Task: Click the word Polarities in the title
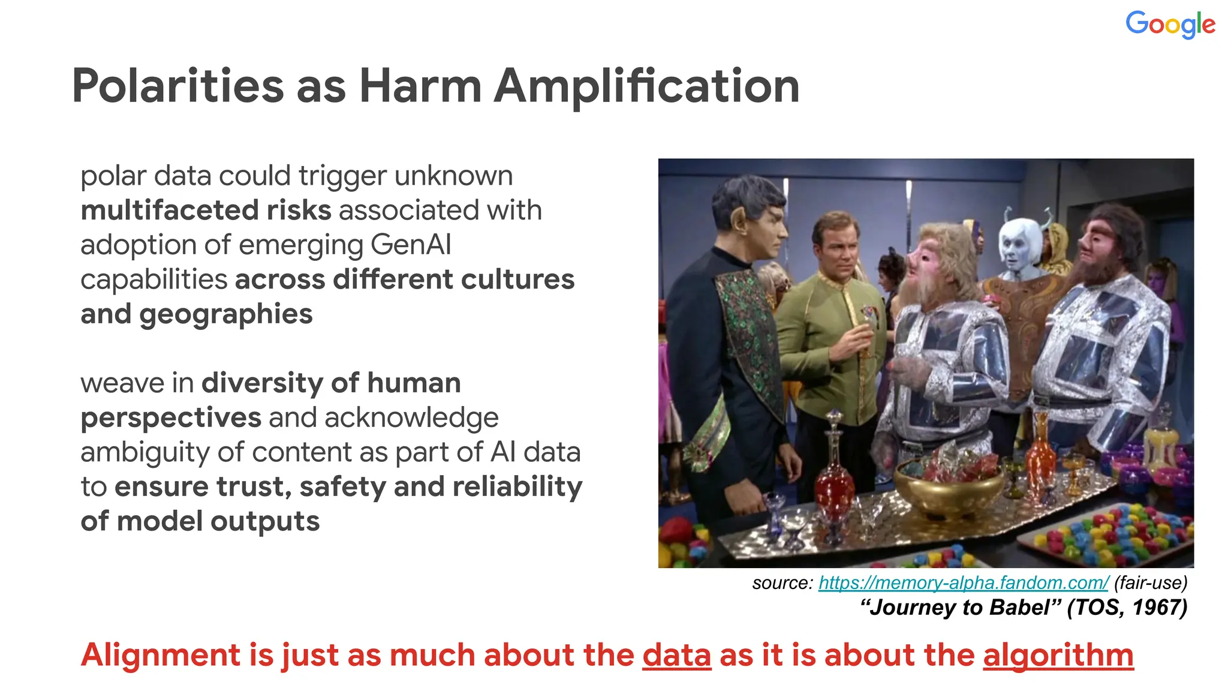[177, 86]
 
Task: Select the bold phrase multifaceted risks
[206, 211]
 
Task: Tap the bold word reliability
[517, 486]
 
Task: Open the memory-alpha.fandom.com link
[964, 582]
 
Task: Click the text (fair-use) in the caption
[1151, 582]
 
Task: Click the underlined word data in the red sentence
[676, 654]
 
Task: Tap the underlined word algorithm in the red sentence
[1058, 654]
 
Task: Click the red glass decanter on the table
[833, 474]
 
